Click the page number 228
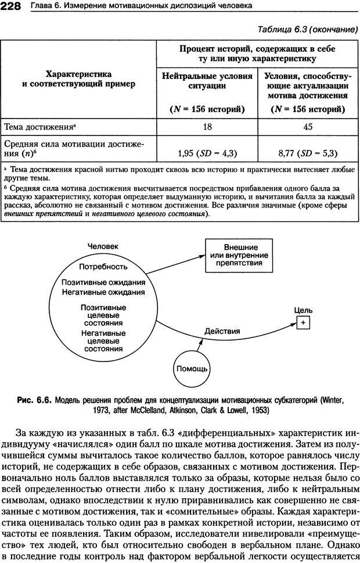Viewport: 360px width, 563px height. (12, 6)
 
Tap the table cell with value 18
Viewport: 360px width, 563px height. (207, 126)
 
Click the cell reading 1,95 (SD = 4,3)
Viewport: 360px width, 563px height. (207, 153)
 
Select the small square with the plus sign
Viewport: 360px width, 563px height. (303, 322)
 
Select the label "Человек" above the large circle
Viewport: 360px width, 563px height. (103, 245)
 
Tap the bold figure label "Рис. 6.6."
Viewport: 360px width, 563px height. (34, 400)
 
